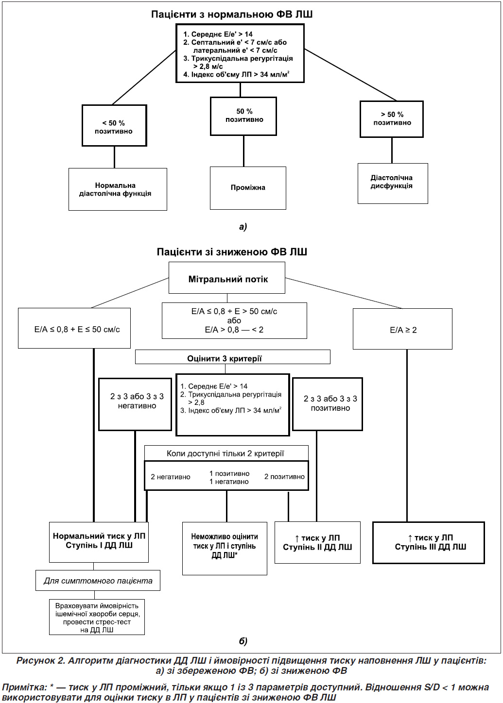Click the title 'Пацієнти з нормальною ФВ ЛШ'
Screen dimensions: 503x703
232,15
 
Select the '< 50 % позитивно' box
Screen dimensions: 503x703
114,126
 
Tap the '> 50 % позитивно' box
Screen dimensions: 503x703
392,119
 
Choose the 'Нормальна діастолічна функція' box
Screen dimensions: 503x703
118,189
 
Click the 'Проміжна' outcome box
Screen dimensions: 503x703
248,188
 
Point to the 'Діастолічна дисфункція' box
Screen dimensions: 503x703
393,184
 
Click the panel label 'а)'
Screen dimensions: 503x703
243,226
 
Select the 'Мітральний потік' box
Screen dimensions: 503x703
227,278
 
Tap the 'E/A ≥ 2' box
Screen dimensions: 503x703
402,329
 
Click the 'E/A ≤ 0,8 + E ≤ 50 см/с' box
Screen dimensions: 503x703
74,328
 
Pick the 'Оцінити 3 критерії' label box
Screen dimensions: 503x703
232,357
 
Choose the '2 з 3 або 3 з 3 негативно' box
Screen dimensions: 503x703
135,404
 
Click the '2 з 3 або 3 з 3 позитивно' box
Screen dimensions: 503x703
328,404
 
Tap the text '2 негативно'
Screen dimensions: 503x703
171,477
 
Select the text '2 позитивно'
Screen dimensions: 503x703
284,476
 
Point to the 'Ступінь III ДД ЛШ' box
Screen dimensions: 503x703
429,543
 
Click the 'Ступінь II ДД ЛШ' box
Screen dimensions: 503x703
317,542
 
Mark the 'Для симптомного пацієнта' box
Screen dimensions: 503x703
98,580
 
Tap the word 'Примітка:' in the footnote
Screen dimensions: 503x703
24,687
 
